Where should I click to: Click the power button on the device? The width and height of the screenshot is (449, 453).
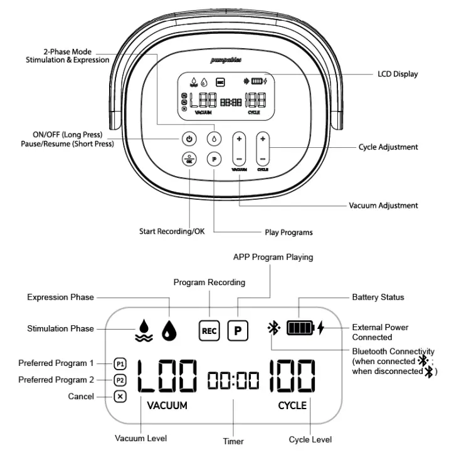[x=189, y=138]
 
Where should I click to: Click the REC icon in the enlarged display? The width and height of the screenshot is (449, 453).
[x=209, y=330]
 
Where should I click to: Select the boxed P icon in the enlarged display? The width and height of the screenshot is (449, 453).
[x=237, y=330]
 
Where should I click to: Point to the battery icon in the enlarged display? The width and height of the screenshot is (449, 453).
[x=300, y=328]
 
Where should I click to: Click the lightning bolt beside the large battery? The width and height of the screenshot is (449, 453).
[x=321, y=328]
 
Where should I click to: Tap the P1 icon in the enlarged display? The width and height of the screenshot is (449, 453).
[x=120, y=363]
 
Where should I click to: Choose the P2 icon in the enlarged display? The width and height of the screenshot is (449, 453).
[x=120, y=380]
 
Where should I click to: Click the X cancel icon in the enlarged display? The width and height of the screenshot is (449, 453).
[x=120, y=397]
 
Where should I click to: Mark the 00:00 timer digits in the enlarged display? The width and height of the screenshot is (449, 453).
[x=233, y=378]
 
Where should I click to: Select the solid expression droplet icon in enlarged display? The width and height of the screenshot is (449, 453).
[x=169, y=330]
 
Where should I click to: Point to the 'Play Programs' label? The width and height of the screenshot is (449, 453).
[x=288, y=232]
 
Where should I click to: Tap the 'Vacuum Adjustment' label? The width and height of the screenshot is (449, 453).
[x=383, y=205]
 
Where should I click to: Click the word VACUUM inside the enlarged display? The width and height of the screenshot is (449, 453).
[x=167, y=405]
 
